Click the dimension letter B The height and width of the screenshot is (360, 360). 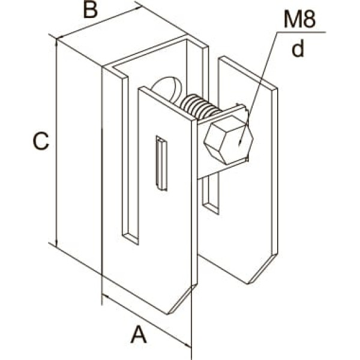(x=90, y=10)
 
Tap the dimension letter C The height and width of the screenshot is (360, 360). (x=41, y=141)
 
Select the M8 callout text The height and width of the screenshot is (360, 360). (x=299, y=20)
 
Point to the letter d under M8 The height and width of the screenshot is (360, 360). (x=298, y=49)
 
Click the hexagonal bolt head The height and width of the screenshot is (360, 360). (x=229, y=140)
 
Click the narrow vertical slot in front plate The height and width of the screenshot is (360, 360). (x=161, y=163)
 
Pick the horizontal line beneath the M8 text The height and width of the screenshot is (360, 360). (x=301, y=32)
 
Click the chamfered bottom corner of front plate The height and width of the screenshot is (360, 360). (x=182, y=299)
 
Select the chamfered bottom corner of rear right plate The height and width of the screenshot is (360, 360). (x=263, y=269)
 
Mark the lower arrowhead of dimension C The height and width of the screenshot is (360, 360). (x=56, y=243)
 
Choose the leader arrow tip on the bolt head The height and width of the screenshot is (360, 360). (x=239, y=145)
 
